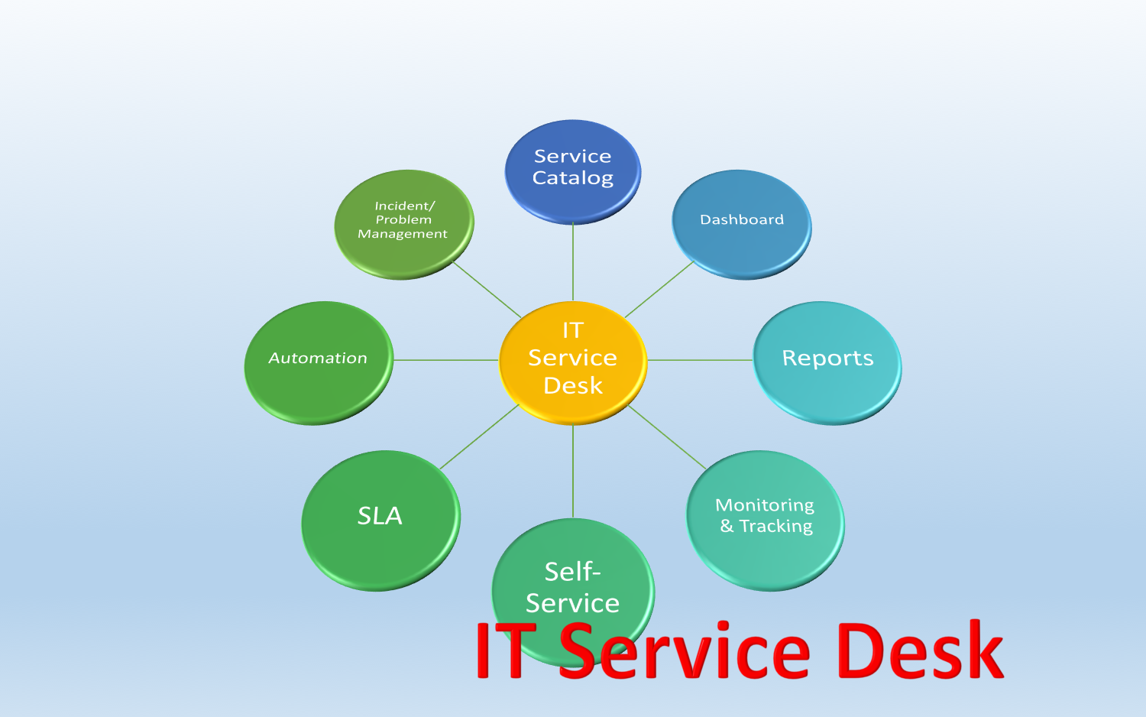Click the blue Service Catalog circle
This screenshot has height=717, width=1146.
pos(572,172)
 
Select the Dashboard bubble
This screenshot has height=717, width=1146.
pos(741,225)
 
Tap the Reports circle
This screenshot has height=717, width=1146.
pos(827,363)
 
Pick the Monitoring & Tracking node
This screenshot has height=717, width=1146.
pos(765,521)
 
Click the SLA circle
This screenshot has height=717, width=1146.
pos(380,521)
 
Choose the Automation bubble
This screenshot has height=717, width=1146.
pos(319,363)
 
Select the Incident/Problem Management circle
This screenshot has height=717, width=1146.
pos(404,225)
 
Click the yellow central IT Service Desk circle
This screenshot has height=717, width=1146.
pos(573,363)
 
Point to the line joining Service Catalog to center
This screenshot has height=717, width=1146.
pos(573,262)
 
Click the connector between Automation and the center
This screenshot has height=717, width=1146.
pos(445,360)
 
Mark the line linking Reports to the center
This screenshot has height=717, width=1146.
pos(700,360)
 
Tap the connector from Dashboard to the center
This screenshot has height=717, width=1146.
pos(659,290)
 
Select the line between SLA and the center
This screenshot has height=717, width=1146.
pos(479,436)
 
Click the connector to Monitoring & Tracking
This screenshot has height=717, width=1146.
pos(667,437)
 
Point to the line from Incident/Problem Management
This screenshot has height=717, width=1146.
pos(487,290)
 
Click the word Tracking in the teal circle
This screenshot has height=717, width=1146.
pos(776,526)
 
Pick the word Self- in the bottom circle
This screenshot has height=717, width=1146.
pos(572,572)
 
